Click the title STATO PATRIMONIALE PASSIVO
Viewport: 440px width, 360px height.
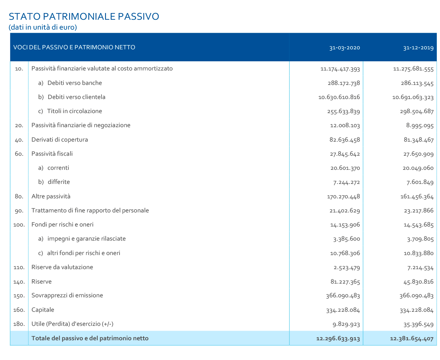(x=84, y=17)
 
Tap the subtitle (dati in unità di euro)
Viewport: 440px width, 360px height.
(x=43, y=27)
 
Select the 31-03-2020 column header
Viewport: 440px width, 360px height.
(x=344, y=48)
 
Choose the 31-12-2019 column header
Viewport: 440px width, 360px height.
(x=418, y=48)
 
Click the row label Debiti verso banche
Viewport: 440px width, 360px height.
(x=74, y=83)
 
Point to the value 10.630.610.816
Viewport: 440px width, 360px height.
(x=339, y=97)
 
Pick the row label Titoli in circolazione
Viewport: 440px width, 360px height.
(x=74, y=111)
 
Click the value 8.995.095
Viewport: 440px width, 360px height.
(x=420, y=125)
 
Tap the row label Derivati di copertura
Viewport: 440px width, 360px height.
(x=60, y=139)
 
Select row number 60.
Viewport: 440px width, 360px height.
(x=19, y=154)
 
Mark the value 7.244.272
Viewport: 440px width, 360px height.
(x=346, y=182)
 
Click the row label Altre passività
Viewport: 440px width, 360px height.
(x=51, y=196)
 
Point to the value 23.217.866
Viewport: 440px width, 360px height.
(x=418, y=211)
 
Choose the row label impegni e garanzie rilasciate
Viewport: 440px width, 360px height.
(x=86, y=239)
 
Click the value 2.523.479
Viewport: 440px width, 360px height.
(x=346, y=267)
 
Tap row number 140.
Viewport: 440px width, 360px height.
(x=19, y=282)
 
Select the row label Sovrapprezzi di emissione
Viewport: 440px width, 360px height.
(x=67, y=295)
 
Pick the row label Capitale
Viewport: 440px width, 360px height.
(x=43, y=310)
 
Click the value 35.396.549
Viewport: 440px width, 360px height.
(x=418, y=324)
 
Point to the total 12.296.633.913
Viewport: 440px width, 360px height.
(x=338, y=339)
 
